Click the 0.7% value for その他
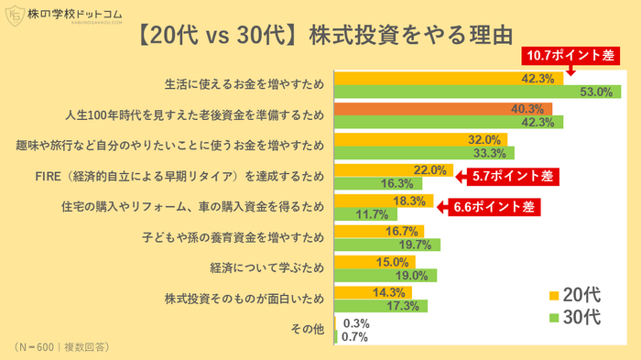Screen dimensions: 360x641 pyautogui.click(x=355, y=336)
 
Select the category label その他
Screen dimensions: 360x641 pyautogui.click(x=307, y=329)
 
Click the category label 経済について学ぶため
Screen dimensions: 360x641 pyautogui.click(x=268, y=268)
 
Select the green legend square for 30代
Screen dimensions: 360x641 pyautogui.click(x=554, y=318)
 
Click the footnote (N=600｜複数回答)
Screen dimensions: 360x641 pyautogui.click(x=61, y=348)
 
